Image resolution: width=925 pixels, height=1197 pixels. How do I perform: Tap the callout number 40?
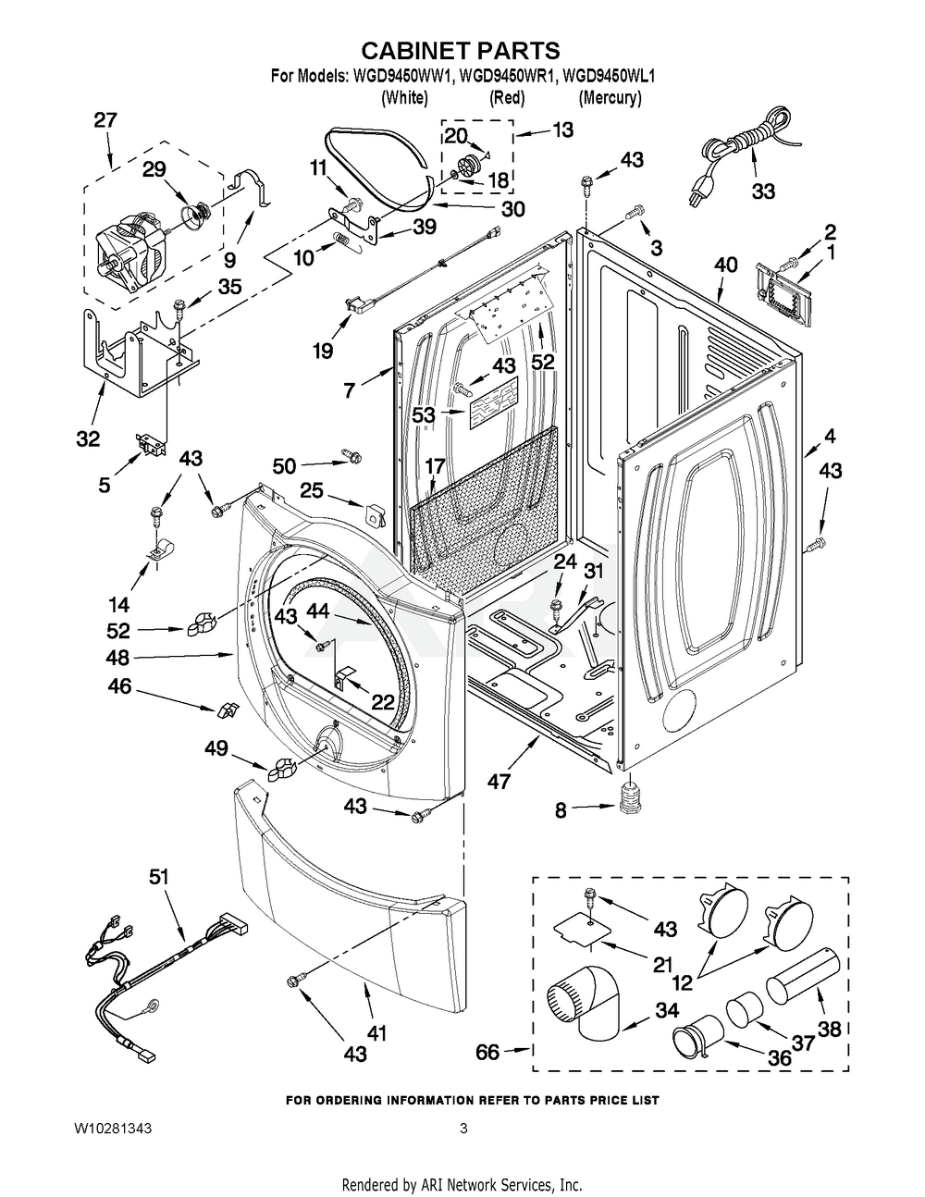(726, 265)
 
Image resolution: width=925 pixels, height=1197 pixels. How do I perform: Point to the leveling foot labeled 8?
(628, 797)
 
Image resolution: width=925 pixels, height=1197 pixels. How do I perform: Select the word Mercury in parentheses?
(610, 97)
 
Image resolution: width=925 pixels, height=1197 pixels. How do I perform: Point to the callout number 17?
(435, 464)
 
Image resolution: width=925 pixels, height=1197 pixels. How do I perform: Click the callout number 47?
(499, 782)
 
